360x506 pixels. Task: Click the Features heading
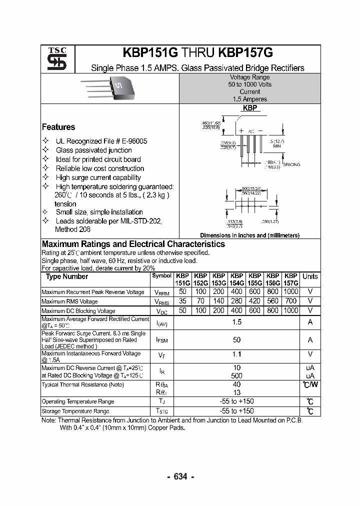(58, 127)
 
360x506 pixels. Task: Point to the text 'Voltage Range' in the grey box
(249, 77)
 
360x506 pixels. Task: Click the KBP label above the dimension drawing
(250, 108)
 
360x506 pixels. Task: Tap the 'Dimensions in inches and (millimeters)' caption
(249, 235)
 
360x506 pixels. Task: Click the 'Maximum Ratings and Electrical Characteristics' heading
(133, 244)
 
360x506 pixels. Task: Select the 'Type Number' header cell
(67, 276)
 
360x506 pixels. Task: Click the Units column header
(310, 276)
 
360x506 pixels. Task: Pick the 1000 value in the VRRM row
(290, 291)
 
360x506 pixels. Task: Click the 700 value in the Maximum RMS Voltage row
(290, 301)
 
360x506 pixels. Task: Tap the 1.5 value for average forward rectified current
(237, 322)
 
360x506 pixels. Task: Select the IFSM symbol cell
(161, 340)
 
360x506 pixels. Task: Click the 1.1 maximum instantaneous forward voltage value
(237, 354)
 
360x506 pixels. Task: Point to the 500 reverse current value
(237, 375)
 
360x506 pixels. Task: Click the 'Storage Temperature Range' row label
(75, 411)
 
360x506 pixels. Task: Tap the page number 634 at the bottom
(180, 476)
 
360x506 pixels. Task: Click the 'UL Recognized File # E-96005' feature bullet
(101, 141)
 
